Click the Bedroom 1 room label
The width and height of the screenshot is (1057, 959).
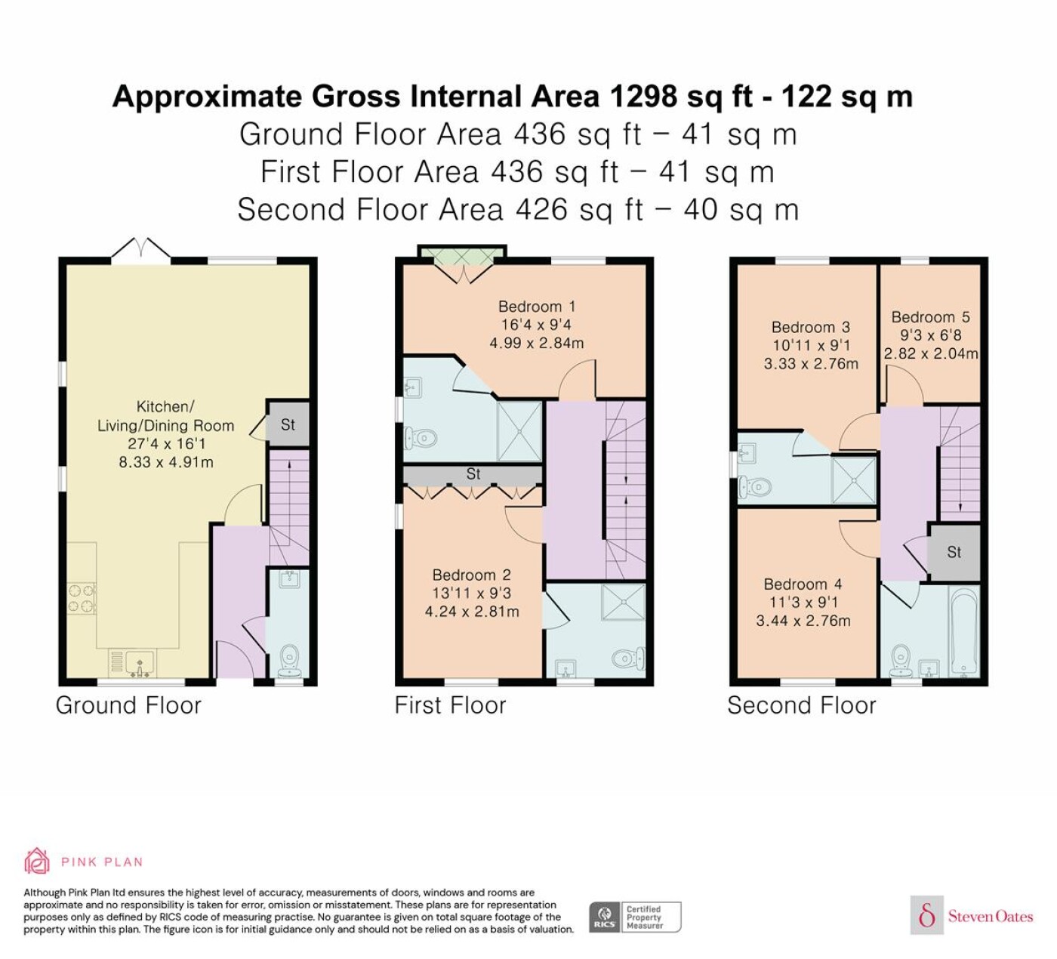[x=536, y=307]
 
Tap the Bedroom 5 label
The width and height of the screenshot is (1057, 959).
[x=931, y=317]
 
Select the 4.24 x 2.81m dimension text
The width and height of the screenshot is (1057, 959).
[x=472, y=612]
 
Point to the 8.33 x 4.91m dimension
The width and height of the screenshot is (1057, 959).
[x=166, y=462]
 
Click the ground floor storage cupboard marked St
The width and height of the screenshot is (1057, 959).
[x=288, y=424]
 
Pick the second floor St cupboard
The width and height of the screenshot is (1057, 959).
[x=954, y=552]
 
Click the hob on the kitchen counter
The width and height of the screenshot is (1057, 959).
[x=82, y=599]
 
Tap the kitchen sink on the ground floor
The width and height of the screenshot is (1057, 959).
[x=131, y=663]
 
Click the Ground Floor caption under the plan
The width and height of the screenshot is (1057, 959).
[x=128, y=705]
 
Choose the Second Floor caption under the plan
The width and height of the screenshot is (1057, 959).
[x=802, y=705]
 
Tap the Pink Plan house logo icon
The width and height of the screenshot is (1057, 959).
[x=37, y=862]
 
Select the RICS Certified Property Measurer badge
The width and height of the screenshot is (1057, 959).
[x=635, y=917]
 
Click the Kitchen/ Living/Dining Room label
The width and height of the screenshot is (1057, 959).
[x=165, y=416]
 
